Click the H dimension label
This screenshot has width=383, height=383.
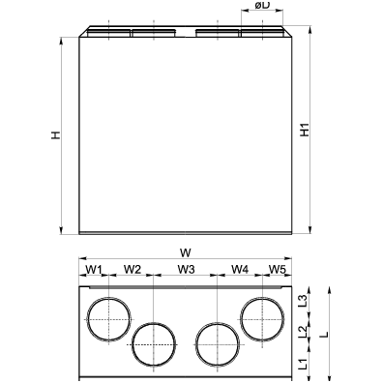tap(56, 135)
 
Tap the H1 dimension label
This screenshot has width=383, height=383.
tap(305, 130)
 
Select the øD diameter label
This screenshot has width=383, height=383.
tap(262, 5)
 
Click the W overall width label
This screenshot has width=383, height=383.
tap(186, 252)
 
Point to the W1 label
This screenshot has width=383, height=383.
tap(93, 269)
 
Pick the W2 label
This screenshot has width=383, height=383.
tap(133, 269)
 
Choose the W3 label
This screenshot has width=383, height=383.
tap(187, 269)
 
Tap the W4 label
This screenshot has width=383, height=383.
tap(240, 269)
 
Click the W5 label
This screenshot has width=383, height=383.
tap(278, 269)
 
